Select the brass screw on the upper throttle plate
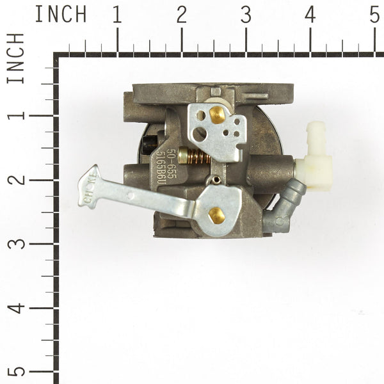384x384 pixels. pyautogui.click(x=217, y=115)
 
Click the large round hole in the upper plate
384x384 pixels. pyautogui.click(x=200, y=133)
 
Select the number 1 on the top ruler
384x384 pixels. pyautogui.click(x=116, y=15)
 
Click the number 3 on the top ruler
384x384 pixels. pyautogui.click(x=246, y=15)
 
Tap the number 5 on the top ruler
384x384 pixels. pyautogui.click(x=375, y=15)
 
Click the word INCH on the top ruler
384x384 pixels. pyautogui.click(x=61, y=15)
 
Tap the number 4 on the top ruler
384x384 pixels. pyautogui.click(x=310, y=15)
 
